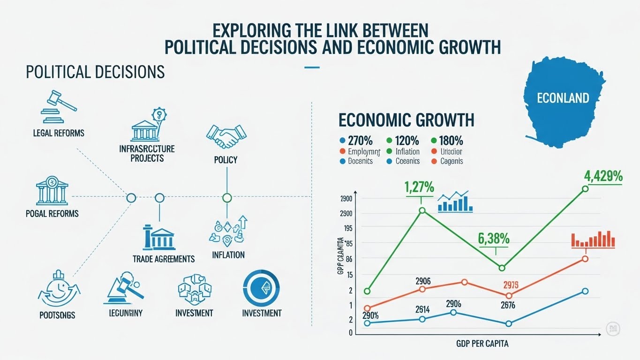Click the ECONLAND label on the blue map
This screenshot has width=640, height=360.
point(563,98)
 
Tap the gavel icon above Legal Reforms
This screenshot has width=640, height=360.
point(59,104)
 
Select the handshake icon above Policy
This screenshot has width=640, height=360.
point(226,136)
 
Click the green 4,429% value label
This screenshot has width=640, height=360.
point(603,176)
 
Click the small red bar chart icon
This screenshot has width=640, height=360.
point(593,239)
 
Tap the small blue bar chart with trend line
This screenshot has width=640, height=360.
point(455,202)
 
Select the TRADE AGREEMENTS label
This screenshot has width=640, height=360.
point(163,259)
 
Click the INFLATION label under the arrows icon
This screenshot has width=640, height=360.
point(228,255)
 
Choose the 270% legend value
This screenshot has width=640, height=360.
point(360,140)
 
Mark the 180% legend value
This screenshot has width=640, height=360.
point(451,140)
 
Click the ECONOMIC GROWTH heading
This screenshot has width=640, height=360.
point(406,120)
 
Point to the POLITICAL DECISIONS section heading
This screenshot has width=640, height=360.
point(95,72)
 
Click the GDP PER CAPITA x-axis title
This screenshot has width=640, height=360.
point(482,344)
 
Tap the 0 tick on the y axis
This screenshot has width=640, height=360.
point(350,333)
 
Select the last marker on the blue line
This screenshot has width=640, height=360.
point(585,291)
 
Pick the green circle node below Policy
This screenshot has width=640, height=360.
point(227,198)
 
